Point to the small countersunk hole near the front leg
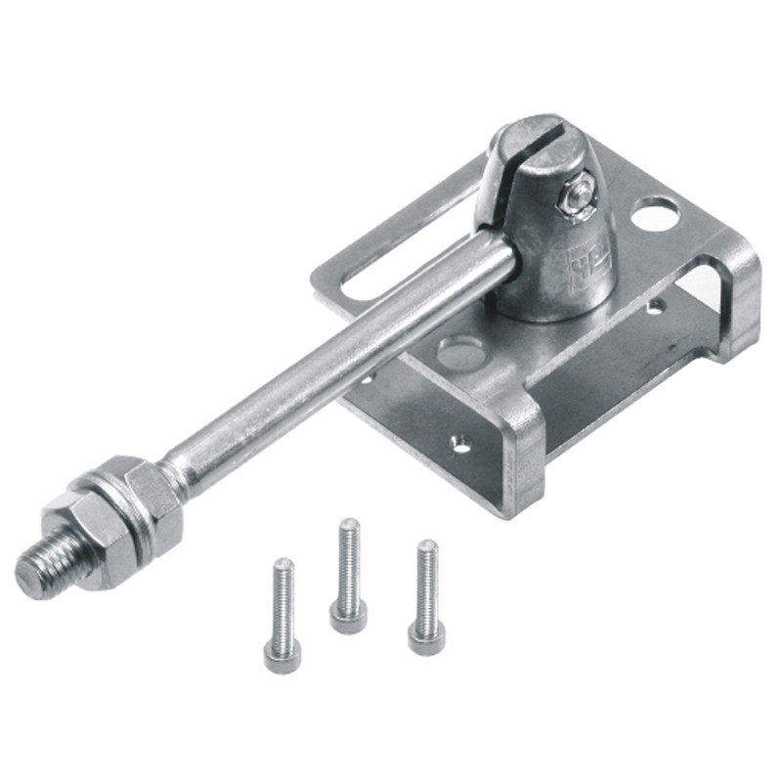(458, 444)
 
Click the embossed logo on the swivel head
(588, 261)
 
